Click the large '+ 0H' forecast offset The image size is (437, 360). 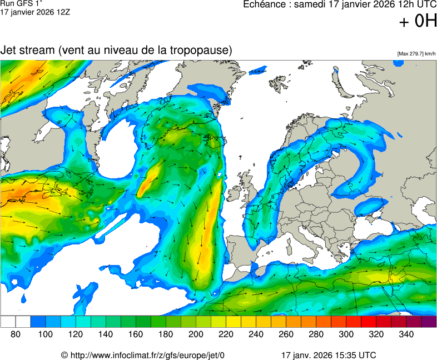419,21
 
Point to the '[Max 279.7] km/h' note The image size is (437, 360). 416,54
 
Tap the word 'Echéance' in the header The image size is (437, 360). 264,4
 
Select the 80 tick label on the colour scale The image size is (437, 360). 16,334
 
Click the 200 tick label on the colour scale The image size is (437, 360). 196,334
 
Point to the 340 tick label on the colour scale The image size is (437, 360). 406,334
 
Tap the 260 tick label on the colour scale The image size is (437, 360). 286,334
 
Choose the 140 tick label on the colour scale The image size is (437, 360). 106,334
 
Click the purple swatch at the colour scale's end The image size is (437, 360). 429,321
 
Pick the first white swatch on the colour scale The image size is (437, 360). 8,321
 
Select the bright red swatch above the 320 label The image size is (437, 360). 369,321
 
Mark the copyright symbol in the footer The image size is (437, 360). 64,355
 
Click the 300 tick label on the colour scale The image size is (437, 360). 346,334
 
